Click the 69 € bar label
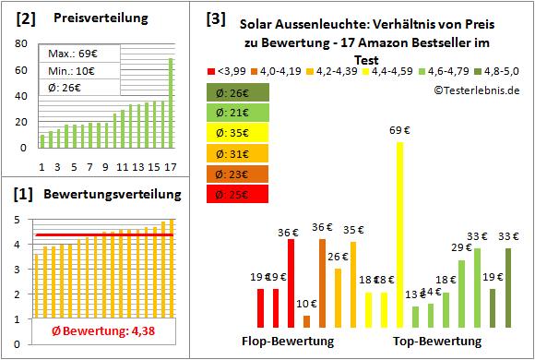(x=399, y=131)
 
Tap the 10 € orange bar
(x=306, y=321)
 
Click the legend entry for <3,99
(x=227, y=70)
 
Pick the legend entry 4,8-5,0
(x=498, y=70)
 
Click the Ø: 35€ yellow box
(x=237, y=133)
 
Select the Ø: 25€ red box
(x=237, y=194)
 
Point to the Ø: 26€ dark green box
(x=237, y=92)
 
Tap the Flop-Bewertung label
(x=288, y=342)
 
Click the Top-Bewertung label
(x=437, y=342)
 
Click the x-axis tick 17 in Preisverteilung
(x=171, y=167)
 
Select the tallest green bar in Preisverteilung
(x=171, y=102)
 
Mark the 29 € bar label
(x=461, y=247)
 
